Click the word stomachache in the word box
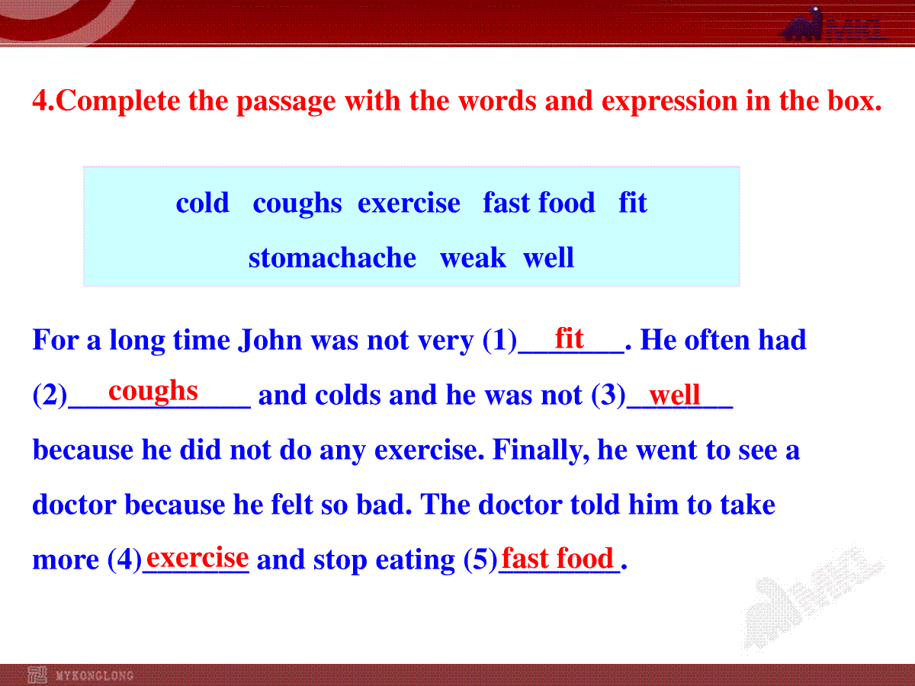click(x=332, y=258)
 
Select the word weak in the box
click(x=473, y=258)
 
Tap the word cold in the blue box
click(x=203, y=203)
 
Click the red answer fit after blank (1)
click(x=569, y=338)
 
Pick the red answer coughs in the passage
click(x=153, y=392)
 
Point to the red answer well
click(x=674, y=394)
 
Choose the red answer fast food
click(x=557, y=558)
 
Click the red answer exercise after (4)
click(x=197, y=557)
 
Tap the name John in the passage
click(x=270, y=340)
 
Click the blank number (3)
click(x=608, y=395)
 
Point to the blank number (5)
click(x=480, y=559)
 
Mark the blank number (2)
click(x=50, y=395)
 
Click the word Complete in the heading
click(x=117, y=101)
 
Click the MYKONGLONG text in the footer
click(x=95, y=675)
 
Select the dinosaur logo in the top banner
click(x=803, y=24)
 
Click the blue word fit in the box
click(x=633, y=203)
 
